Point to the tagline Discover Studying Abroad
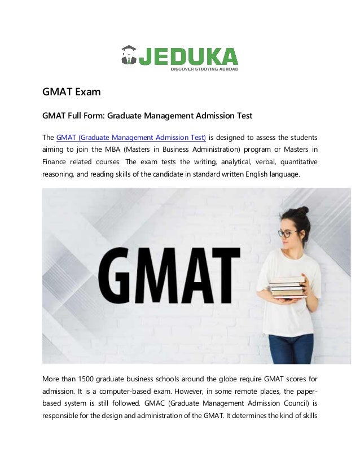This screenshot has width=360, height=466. pos(205,69)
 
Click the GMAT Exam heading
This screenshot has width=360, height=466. pos(72,91)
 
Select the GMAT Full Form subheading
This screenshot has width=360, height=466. pos(147,116)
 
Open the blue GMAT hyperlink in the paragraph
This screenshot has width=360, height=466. pos(131,137)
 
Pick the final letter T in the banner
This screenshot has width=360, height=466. pos(223,275)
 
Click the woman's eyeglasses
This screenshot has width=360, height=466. pos(287,233)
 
